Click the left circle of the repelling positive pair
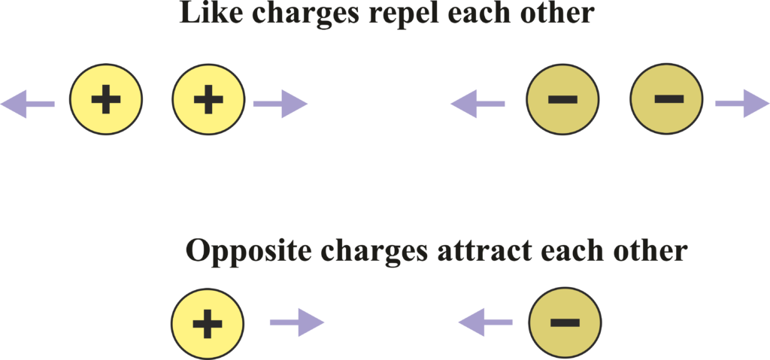[106, 99]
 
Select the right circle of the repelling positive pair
[208, 99]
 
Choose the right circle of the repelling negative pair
[666, 99]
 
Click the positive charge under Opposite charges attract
[208, 323]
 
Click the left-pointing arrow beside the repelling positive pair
[28, 103]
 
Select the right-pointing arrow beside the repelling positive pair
[280, 104]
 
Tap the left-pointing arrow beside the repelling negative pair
[477, 104]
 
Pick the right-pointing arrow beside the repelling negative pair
[742, 103]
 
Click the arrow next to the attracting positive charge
[297, 323]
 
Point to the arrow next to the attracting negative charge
[486, 323]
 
